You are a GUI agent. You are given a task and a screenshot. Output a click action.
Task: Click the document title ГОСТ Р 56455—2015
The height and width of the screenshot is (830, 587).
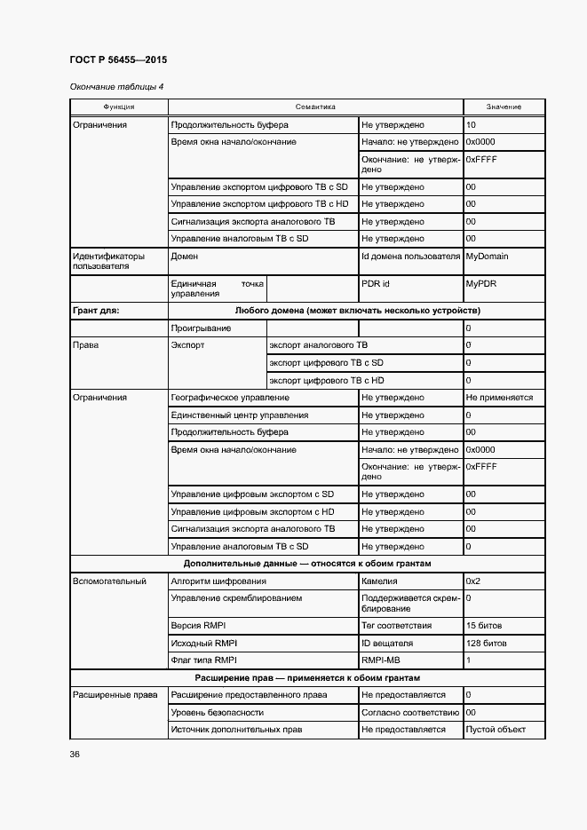(x=118, y=59)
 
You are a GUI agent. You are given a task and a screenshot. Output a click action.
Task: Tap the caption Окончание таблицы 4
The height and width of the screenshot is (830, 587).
(x=116, y=87)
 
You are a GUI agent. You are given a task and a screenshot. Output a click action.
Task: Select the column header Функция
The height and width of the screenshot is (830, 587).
(x=118, y=107)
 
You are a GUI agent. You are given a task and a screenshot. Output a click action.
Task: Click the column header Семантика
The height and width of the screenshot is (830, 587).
(x=315, y=107)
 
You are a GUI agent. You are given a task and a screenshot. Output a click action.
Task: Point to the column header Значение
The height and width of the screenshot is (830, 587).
(x=504, y=107)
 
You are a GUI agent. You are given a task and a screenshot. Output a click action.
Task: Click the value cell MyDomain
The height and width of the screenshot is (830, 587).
(x=487, y=257)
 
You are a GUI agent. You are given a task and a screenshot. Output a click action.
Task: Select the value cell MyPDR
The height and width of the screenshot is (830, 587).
(x=481, y=284)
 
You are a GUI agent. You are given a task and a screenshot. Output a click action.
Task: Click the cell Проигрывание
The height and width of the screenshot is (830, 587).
(x=201, y=328)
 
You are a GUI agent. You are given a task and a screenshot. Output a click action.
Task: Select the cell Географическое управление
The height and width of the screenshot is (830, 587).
(x=229, y=398)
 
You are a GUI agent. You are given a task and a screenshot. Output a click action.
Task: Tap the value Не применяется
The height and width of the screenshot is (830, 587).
(x=499, y=398)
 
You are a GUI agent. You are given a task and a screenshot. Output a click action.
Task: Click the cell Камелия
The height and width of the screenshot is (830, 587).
(x=385, y=581)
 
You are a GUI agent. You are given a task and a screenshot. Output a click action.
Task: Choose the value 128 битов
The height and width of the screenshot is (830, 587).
(x=486, y=643)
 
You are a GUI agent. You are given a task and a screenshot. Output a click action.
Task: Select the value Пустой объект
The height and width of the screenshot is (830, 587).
(x=496, y=730)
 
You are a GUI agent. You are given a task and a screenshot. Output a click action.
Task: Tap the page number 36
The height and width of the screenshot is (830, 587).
(x=75, y=755)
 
